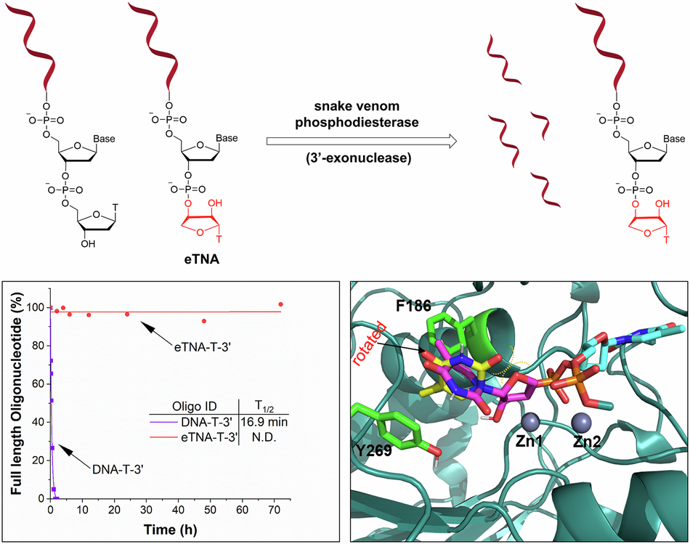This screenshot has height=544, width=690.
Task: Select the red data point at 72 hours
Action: tap(281, 304)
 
